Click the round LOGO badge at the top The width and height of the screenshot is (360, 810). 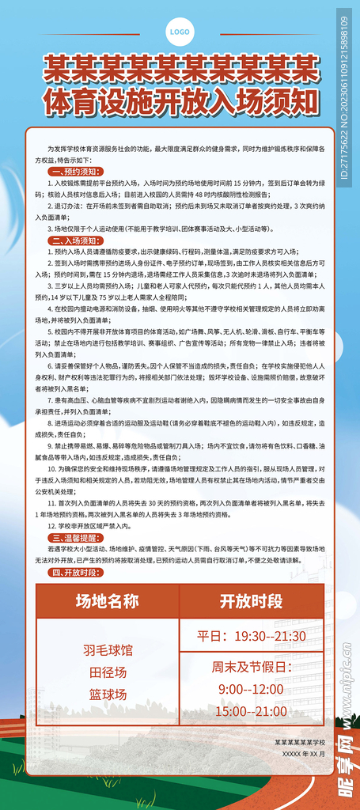pos(180,32)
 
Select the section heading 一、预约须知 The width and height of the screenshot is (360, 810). pos(74,171)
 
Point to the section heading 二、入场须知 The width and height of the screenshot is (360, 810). pos(74,240)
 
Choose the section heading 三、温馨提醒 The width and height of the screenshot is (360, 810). pos(74,536)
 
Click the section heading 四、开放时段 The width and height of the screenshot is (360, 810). pos(74,572)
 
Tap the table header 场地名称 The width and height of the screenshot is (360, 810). pos(107,601)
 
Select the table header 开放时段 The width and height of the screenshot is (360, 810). pos(252,601)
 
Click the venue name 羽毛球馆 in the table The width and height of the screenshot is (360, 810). pos(108,650)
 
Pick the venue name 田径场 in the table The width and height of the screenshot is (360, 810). pos(108,672)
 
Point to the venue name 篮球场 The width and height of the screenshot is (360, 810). pos(108,695)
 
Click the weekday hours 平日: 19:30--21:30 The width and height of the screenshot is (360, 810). pos(252,636)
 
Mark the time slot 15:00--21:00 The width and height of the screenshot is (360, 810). pos(252,711)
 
